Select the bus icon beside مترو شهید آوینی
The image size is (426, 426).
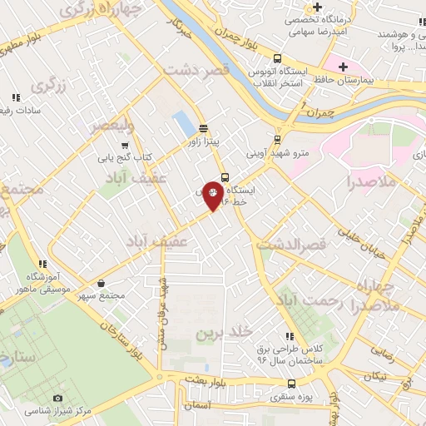278,139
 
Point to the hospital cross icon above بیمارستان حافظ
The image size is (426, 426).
340,65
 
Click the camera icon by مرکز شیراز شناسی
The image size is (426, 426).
57,399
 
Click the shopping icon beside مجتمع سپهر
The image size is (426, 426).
101,282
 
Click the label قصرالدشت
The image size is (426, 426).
287,245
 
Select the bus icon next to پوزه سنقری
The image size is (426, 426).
290,384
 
